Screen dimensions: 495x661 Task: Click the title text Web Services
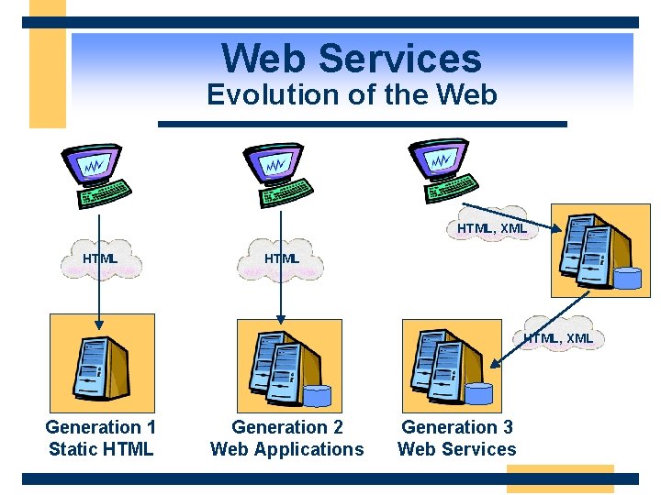351,58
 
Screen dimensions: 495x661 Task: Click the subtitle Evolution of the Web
351,94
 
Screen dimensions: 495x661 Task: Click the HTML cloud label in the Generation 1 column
100,258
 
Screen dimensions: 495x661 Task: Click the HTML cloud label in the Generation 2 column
282,258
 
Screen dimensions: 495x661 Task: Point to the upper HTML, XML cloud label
492,227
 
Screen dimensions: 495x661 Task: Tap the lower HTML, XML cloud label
558,338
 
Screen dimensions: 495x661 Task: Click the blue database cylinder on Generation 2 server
317,396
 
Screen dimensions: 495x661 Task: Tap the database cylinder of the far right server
627,278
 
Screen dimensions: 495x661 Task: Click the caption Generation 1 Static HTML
101,438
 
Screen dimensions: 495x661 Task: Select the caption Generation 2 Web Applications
287,438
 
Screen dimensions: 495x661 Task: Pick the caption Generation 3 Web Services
457,438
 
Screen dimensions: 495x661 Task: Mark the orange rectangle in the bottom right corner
560,478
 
